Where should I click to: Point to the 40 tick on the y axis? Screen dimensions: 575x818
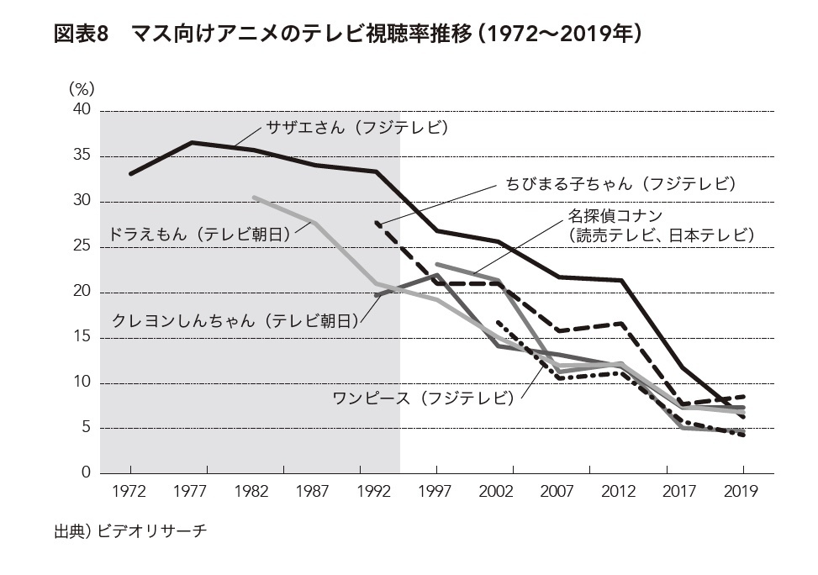coord(81,110)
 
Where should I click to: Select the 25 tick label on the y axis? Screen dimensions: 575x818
coord(81,246)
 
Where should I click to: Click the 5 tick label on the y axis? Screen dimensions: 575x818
coord(85,428)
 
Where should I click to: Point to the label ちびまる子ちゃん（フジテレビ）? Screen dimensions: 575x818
coord(620,183)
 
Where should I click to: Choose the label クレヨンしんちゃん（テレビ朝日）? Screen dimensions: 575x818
coord(235,320)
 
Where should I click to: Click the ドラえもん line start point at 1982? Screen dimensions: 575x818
coord(254,197)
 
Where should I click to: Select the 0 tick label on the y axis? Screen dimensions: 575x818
coord(85,473)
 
